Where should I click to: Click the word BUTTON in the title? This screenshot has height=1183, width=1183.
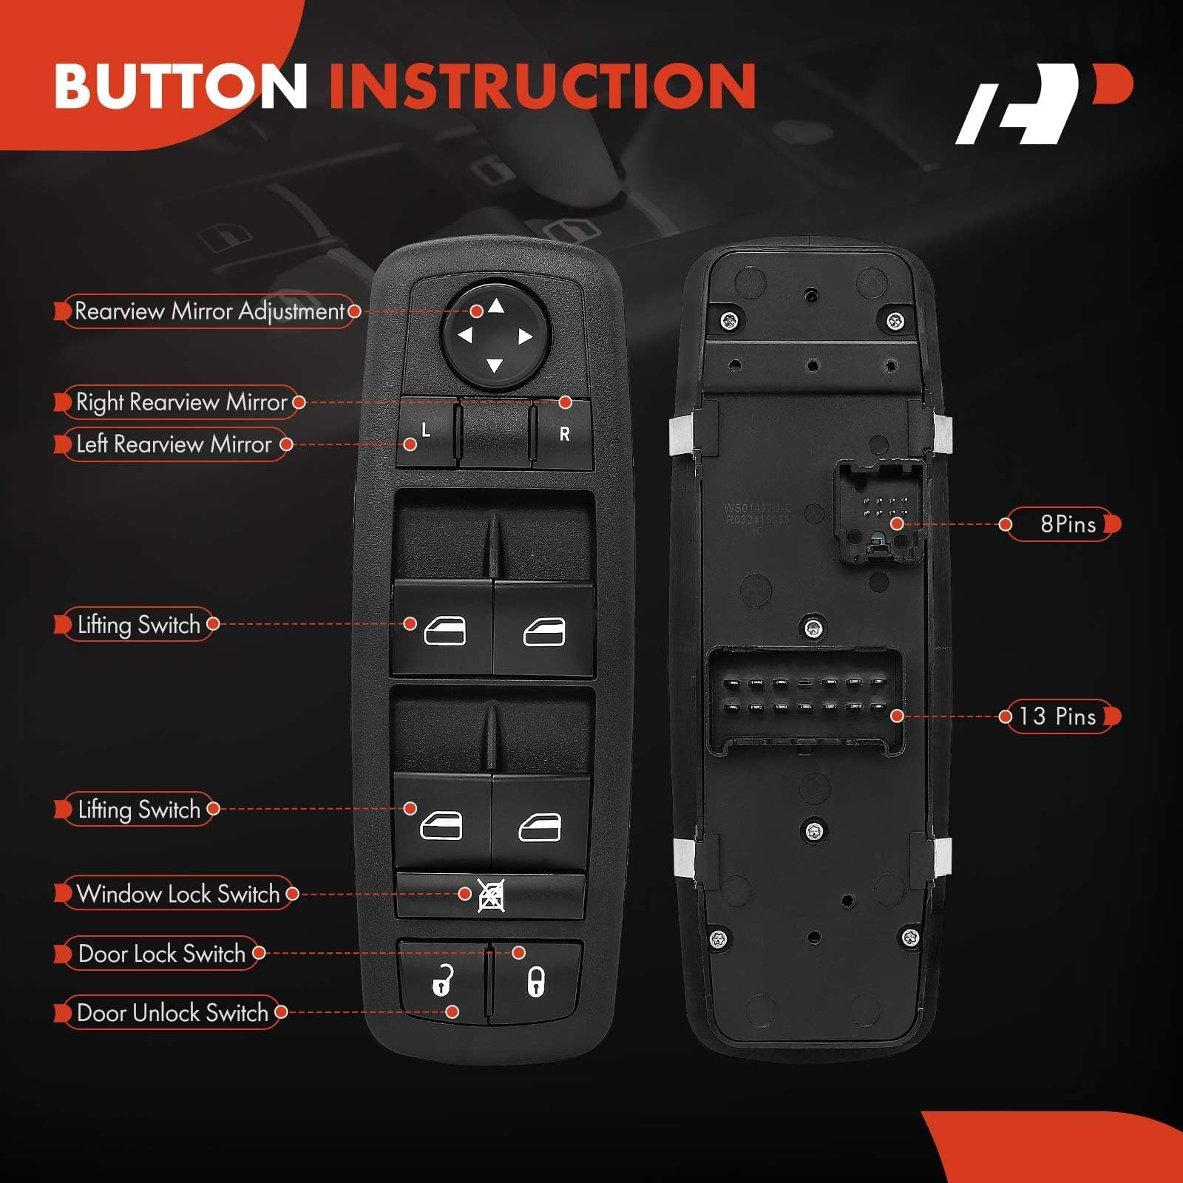(180, 86)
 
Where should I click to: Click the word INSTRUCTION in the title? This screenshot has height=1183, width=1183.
(542, 86)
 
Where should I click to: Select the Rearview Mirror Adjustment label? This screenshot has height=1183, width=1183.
(209, 311)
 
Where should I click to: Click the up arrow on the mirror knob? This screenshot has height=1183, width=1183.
(496, 306)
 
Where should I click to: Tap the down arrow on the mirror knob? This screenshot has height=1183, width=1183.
(495, 365)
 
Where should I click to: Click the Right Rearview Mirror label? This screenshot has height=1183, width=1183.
(181, 402)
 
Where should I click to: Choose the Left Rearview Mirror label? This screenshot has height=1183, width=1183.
(174, 444)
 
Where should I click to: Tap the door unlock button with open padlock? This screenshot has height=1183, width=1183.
(442, 981)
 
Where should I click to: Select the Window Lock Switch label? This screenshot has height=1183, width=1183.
(178, 894)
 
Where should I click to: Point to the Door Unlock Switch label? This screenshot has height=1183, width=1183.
(172, 1012)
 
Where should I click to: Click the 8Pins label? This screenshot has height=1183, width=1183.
(1067, 524)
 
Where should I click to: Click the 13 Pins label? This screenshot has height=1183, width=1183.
(1057, 716)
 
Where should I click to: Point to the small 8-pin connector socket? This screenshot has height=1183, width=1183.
(880, 510)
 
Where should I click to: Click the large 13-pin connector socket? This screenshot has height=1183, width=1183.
(807, 699)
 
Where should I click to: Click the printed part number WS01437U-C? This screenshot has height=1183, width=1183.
(757, 508)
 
